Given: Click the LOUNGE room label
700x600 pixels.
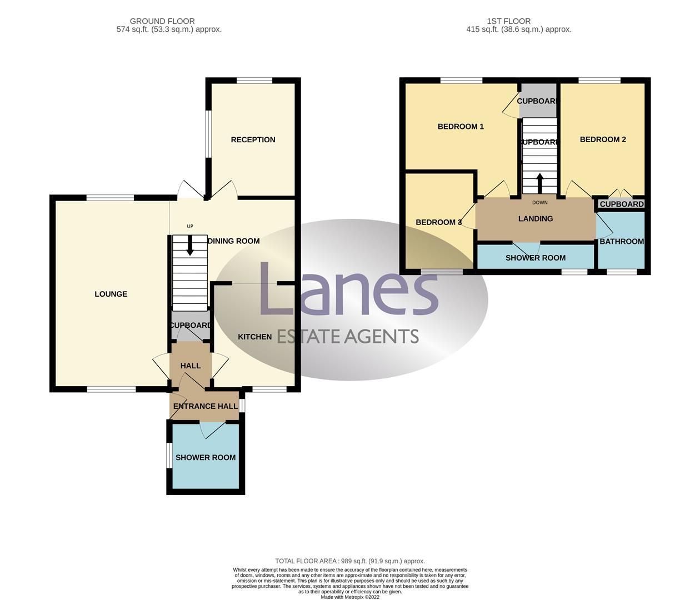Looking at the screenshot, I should pos(111,294).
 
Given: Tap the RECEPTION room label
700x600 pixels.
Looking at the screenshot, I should pos(253,139).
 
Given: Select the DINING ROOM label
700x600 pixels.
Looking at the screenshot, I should pos(233,241).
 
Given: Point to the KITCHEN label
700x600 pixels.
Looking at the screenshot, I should pos(254,337).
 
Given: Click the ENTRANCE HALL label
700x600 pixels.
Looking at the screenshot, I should pos(205,406).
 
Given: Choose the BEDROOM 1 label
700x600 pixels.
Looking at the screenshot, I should pos(461,126).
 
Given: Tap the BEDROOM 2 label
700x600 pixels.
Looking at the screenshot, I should pos(603,139).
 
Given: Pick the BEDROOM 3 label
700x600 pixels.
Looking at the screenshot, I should pos(439,222).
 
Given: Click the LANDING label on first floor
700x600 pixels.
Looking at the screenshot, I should pos(535,219).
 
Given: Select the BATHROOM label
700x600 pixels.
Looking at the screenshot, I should pos(622,241).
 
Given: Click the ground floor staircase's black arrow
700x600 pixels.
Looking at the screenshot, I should pos(190,247).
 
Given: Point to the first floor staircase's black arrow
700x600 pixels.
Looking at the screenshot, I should pos(539,182).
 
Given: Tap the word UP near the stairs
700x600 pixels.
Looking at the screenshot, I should pos(190,226).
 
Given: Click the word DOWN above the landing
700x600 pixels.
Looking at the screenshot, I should pos(539,202).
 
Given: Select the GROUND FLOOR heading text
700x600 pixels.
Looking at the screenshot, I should pos(162,21).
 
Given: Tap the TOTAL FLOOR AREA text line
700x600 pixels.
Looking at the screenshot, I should pos(349,561).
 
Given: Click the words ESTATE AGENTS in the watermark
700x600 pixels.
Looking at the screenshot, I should pos(348,336).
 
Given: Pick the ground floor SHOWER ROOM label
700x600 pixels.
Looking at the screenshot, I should pos(206,457).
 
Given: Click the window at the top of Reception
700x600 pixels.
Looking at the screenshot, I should pos(254,81).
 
